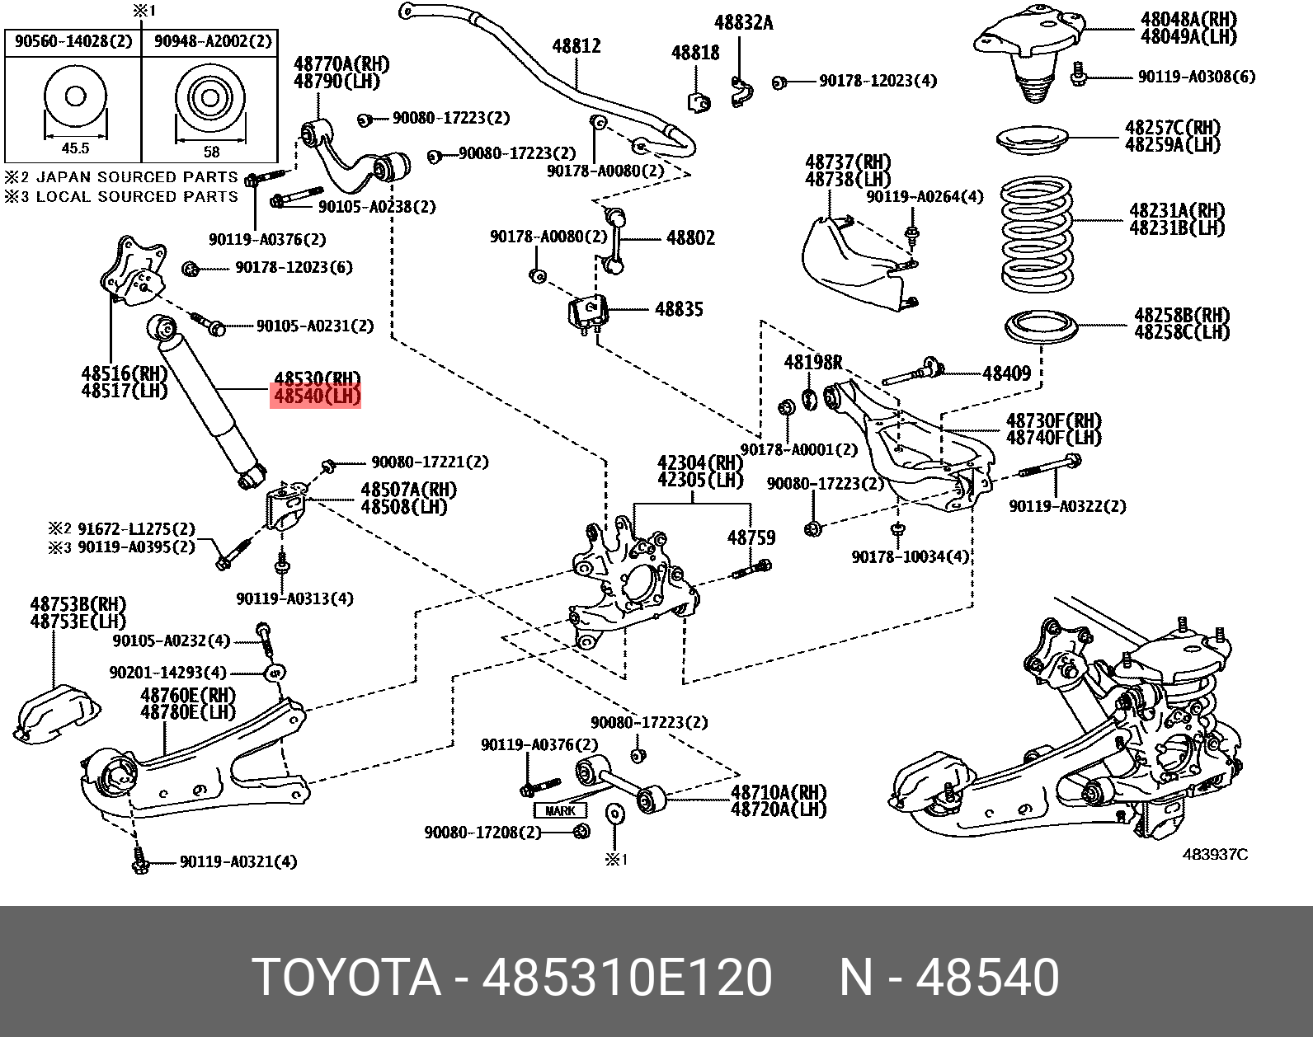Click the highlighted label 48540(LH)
(317, 396)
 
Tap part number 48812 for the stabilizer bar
(576, 46)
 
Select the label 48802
(690, 238)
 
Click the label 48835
(679, 310)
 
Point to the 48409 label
(1006, 373)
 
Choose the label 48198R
(812, 362)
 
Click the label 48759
(751, 537)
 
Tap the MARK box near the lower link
(560, 810)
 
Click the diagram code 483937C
(1215, 854)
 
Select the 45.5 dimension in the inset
(75, 148)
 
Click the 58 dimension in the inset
(211, 151)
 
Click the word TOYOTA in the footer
(346, 978)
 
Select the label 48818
(695, 53)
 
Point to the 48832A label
(743, 23)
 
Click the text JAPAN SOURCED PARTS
(137, 177)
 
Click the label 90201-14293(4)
(167, 673)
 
